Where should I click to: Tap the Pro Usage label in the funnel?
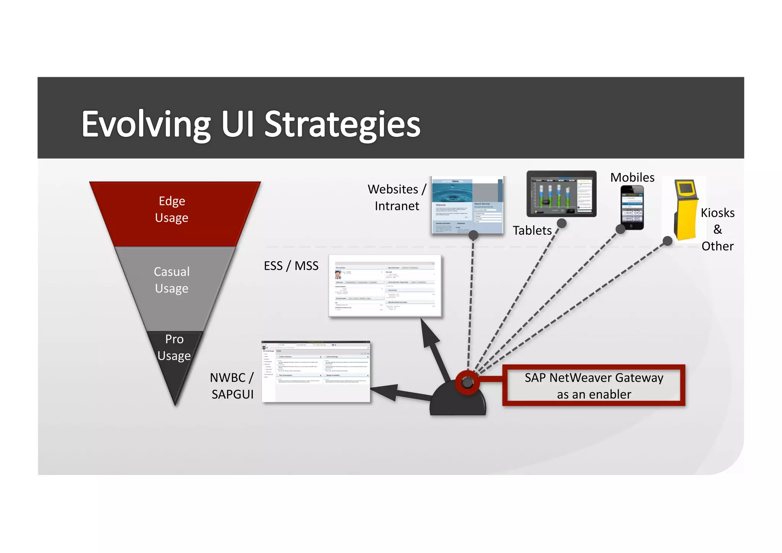(174, 347)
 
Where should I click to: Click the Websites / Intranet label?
(397, 198)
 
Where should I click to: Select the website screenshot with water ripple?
(467, 204)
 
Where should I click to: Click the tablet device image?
(561, 194)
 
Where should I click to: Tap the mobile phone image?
(632, 207)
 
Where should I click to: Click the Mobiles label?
(632, 177)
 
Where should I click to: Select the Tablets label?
(532, 230)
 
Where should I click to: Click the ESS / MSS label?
(291, 266)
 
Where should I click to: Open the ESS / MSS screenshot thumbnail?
(385, 285)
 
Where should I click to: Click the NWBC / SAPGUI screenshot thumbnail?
(316, 371)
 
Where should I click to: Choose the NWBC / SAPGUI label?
(232, 386)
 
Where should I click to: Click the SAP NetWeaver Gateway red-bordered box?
(594, 386)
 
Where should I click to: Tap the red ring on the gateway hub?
(467, 382)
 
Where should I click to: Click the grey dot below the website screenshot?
(473, 235)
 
